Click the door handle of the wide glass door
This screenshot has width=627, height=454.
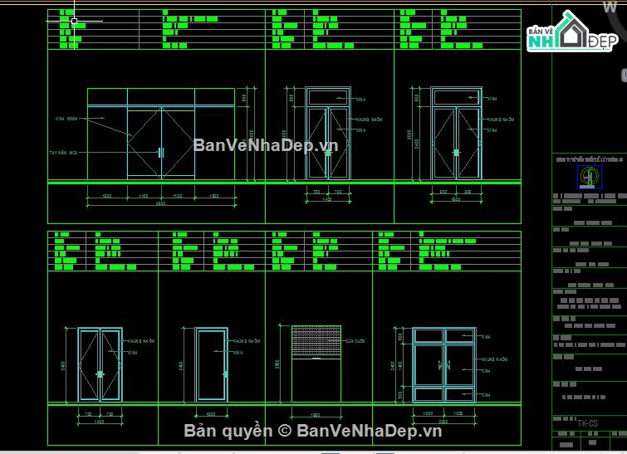(x=161, y=152)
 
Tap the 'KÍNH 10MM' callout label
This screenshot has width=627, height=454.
(x=66, y=120)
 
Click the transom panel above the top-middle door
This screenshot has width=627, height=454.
(x=327, y=97)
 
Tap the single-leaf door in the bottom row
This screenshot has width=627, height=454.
(x=212, y=365)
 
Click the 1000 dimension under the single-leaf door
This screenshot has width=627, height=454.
(x=212, y=413)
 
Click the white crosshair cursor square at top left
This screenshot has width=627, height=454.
(x=75, y=21)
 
